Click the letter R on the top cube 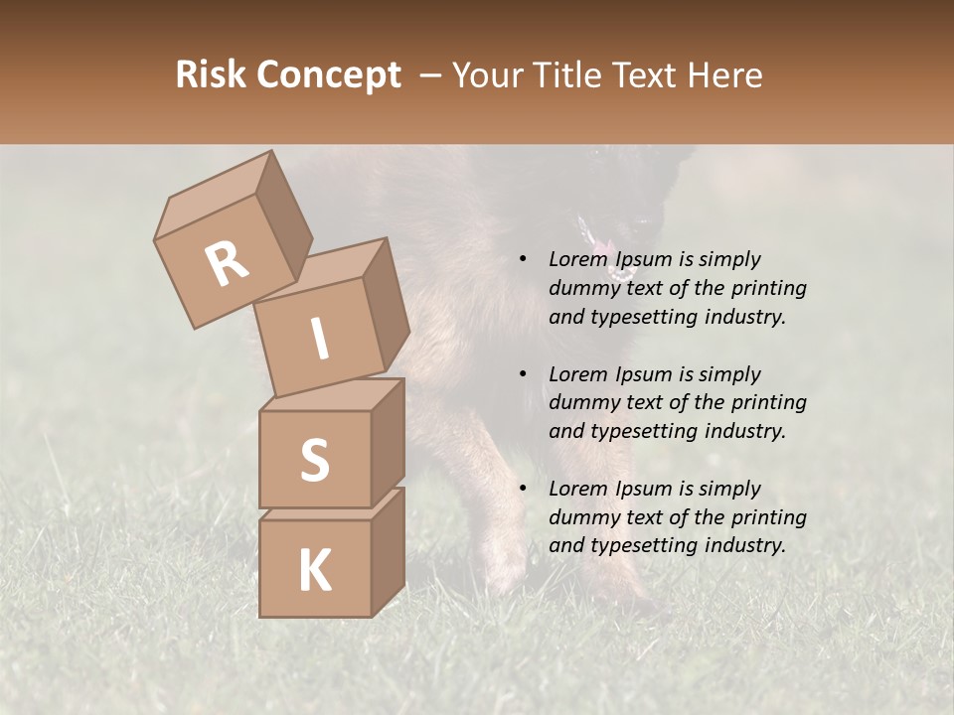coord(227,262)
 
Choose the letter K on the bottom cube coord(314,570)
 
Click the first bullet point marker coord(522,259)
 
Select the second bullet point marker coord(522,374)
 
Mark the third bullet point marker coord(522,489)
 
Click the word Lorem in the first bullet coord(577,259)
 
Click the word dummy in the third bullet coord(584,517)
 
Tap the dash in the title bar coord(431,75)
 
